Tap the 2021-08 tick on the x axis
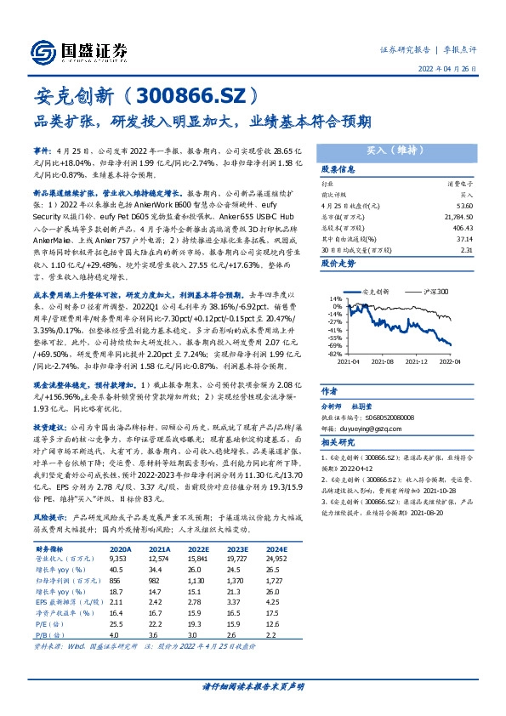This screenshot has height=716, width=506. tap(384, 360)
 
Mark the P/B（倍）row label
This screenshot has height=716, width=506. tap(51, 634)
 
